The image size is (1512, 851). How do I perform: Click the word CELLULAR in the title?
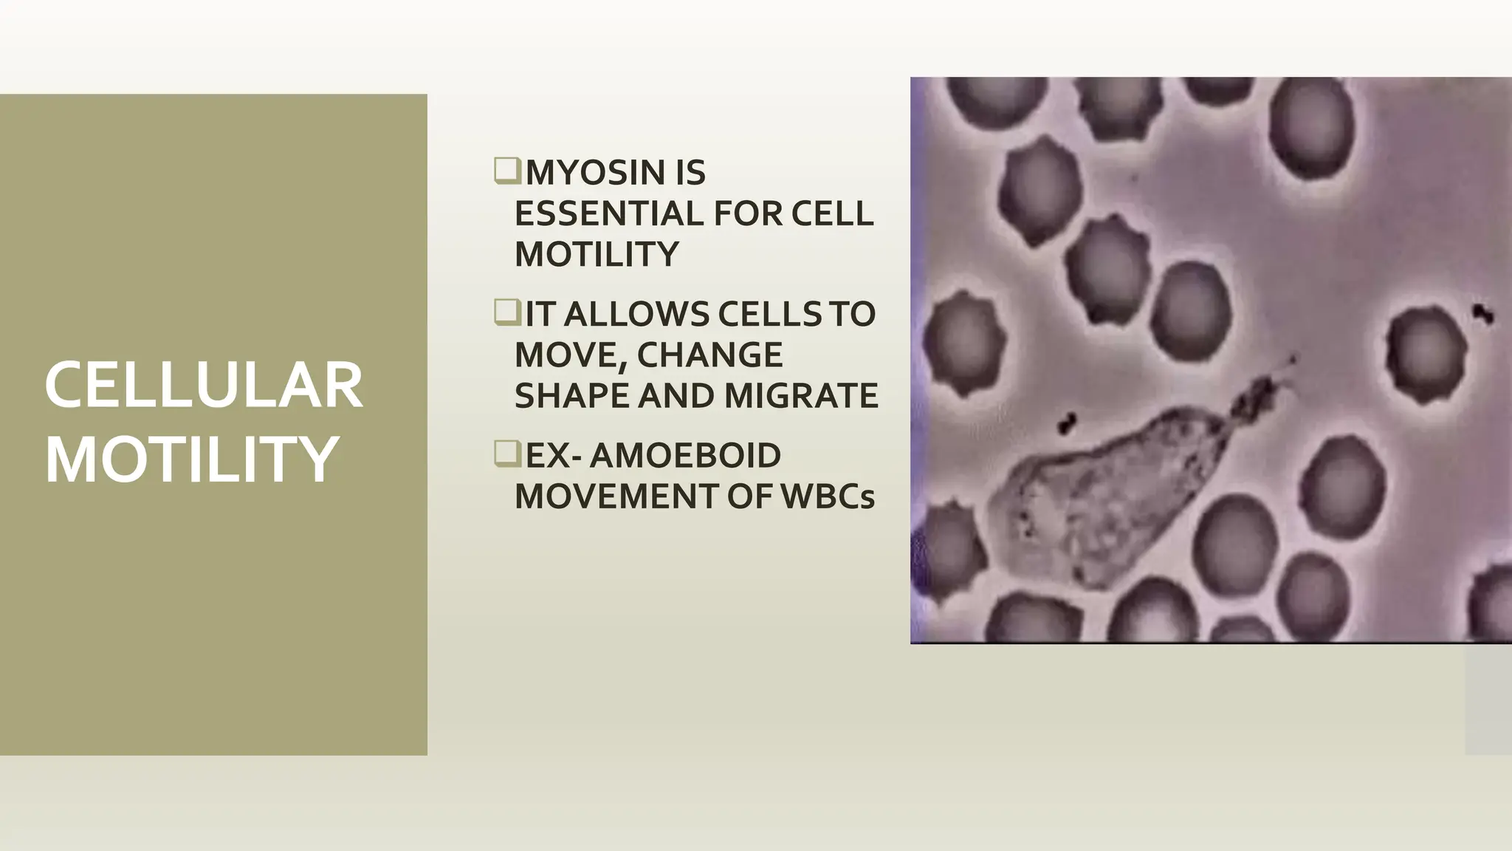(x=204, y=386)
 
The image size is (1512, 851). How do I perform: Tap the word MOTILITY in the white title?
(x=192, y=459)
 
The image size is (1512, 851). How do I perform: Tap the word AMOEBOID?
(x=684, y=456)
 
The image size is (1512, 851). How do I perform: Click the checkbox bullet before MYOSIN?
(x=507, y=171)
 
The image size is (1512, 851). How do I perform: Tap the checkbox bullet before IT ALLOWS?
(x=507, y=312)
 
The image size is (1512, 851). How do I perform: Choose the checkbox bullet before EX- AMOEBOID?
(x=507, y=454)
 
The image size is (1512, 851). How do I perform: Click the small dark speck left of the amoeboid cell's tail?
(x=1066, y=423)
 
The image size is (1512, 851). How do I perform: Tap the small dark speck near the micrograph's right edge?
(x=1480, y=313)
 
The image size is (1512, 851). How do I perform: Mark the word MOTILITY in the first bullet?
(x=596, y=255)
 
